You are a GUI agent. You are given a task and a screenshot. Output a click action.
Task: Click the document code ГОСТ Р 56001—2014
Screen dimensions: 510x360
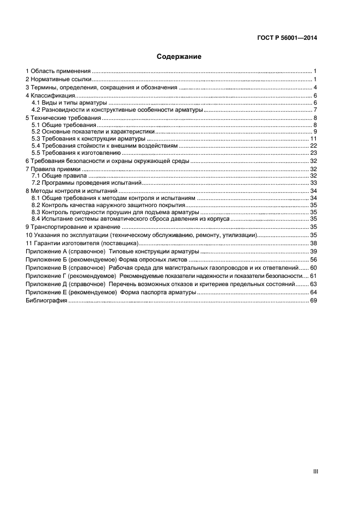tap(286, 38)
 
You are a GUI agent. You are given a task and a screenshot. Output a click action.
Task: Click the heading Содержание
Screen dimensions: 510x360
tap(179, 57)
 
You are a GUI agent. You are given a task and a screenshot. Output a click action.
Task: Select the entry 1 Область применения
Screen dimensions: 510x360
tap(58, 71)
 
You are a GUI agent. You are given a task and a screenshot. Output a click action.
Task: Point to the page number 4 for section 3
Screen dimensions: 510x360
tap(315, 87)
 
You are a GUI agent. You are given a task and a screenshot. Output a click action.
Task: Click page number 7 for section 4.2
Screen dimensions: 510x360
tap(315, 110)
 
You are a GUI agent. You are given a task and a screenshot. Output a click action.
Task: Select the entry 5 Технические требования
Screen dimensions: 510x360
tap(63, 118)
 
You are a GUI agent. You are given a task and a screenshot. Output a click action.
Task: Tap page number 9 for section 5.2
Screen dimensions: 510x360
tap(315, 132)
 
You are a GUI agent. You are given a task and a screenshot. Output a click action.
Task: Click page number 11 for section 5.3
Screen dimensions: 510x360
tap(314, 139)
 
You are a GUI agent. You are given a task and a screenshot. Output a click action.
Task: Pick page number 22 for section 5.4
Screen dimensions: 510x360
tap(314, 146)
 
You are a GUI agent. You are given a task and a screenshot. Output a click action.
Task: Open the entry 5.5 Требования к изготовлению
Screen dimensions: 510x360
tap(76, 153)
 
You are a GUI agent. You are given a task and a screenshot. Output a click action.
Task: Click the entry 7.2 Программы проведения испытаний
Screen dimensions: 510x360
tap(86, 183)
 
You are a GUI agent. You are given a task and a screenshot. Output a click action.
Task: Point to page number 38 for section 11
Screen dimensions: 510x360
tap(314, 242)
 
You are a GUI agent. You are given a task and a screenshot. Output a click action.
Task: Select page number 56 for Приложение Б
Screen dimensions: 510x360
tap(314, 260)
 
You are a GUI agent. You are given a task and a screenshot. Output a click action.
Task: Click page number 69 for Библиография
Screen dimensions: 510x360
tap(314, 301)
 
